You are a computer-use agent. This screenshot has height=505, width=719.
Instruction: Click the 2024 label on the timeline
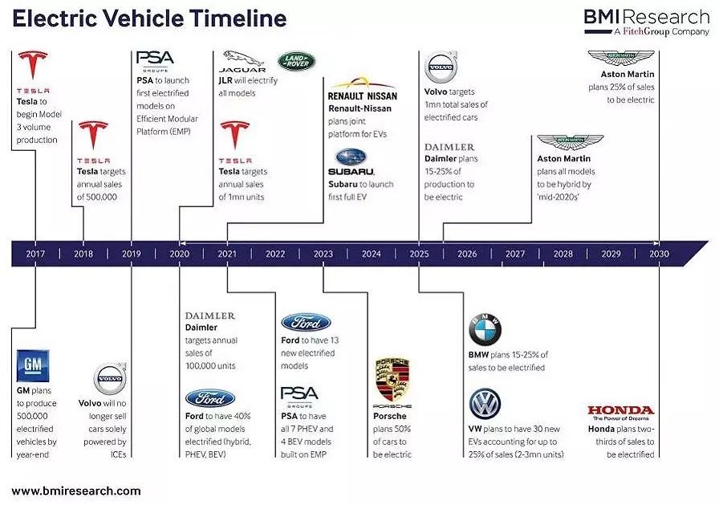[x=371, y=254]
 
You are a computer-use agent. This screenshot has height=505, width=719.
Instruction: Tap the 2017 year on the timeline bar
[x=35, y=254]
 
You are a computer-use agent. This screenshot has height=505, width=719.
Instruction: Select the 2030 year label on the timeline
[x=659, y=254]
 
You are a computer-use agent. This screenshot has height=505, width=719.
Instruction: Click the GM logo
[x=33, y=365]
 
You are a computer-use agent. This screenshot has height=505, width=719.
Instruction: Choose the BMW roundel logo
[x=485, y=330]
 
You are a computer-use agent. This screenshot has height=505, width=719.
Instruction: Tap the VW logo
[x=485, y=404]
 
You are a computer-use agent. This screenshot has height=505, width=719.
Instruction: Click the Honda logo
[x=621, y=413]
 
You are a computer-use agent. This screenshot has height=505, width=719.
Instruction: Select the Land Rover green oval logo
[x=296, y=61]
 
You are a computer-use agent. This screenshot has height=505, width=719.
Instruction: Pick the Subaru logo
[x=351, y=162]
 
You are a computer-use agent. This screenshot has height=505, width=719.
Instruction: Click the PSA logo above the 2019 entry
[x=155, y=61]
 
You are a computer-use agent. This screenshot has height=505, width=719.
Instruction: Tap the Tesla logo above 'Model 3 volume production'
[x=33, y=72]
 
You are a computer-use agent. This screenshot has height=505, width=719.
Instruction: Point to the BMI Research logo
[x=647, y=22]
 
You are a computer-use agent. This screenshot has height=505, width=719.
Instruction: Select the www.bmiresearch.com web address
[x=76, y=491]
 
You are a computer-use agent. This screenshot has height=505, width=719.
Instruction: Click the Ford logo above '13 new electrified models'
[x=306, y=323]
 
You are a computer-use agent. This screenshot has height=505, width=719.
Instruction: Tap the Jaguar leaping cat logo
[x=242, y=62]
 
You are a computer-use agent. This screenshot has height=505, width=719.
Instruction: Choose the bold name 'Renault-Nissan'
[x=360, y=108]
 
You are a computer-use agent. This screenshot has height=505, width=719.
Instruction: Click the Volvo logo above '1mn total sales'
[x=441, y=67]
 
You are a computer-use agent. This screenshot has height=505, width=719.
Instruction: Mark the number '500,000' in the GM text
[x=32, y=416]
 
